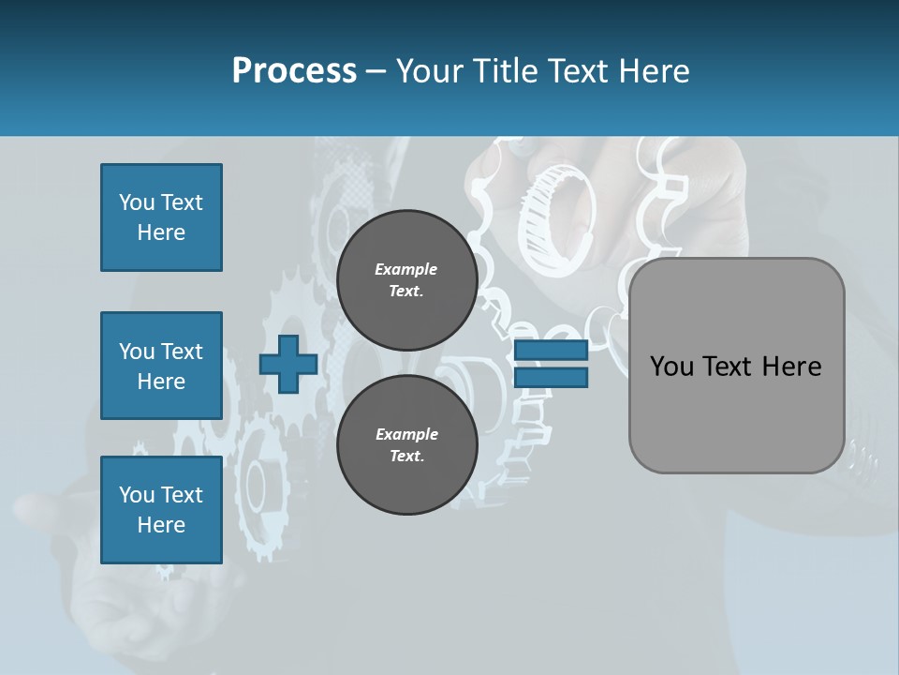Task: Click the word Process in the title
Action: coord(294,71)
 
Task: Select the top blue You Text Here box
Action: coord(161,217)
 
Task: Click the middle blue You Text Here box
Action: coord(161,366)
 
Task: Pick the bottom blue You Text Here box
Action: coord(161,509)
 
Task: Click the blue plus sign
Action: coord(288,364)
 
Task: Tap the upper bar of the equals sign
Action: coord(551,351)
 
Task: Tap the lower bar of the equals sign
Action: coord(551,377)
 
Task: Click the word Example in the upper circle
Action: coord(406,270)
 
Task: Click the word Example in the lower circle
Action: coord(406,435)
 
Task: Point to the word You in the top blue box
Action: coord(137,202)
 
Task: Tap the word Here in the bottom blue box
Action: coord(161,525)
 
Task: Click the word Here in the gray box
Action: coord(791,367)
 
